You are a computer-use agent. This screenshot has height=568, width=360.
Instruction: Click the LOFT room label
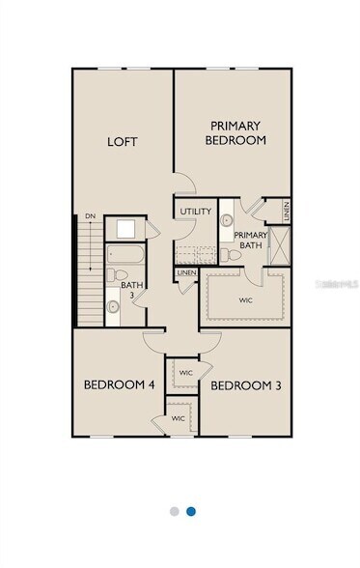click(122, 142)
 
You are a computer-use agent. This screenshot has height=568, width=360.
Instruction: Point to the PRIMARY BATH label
click(251, 240)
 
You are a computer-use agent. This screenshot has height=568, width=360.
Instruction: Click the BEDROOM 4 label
click(119, 385)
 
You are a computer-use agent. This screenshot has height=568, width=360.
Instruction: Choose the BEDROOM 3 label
click(245, 386)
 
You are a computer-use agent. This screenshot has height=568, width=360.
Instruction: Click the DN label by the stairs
click(90, 216)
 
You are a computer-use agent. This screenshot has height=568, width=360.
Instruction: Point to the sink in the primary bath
click(226, 220)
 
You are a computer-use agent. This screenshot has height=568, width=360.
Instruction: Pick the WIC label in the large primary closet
click(245, 300)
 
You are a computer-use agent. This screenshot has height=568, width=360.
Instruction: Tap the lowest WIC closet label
click(179, 418)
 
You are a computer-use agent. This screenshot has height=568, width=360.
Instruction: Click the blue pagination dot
click(191, 511)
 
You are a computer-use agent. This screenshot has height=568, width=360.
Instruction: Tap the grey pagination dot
click(173, 511)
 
